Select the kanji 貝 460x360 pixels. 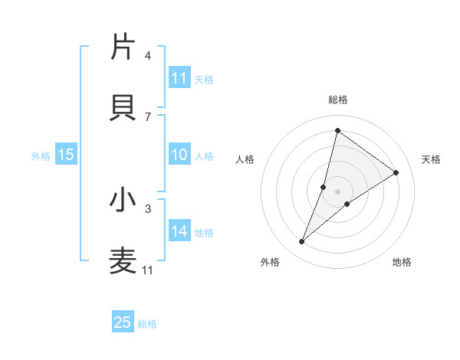[123, 107]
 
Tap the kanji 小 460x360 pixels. [123, 200]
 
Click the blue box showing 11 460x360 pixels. [179, 78]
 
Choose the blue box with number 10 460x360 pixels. [179, 155]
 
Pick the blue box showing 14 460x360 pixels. [179, 232]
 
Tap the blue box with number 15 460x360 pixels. [66, 155]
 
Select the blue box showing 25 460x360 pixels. [123, 323]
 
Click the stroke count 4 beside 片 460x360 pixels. [148, 55]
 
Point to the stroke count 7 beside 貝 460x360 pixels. [148, 116]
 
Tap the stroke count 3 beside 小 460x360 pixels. [148, 208]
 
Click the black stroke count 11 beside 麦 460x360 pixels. [148, 270]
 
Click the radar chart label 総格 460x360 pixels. [338, 100]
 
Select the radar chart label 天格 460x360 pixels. [431, 159]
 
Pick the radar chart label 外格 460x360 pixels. [270, 262]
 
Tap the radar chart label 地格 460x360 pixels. [402, 262]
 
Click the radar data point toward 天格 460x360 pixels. [396, 172]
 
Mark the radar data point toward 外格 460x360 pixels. [302, 242]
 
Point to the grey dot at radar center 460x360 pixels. [338, 191]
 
